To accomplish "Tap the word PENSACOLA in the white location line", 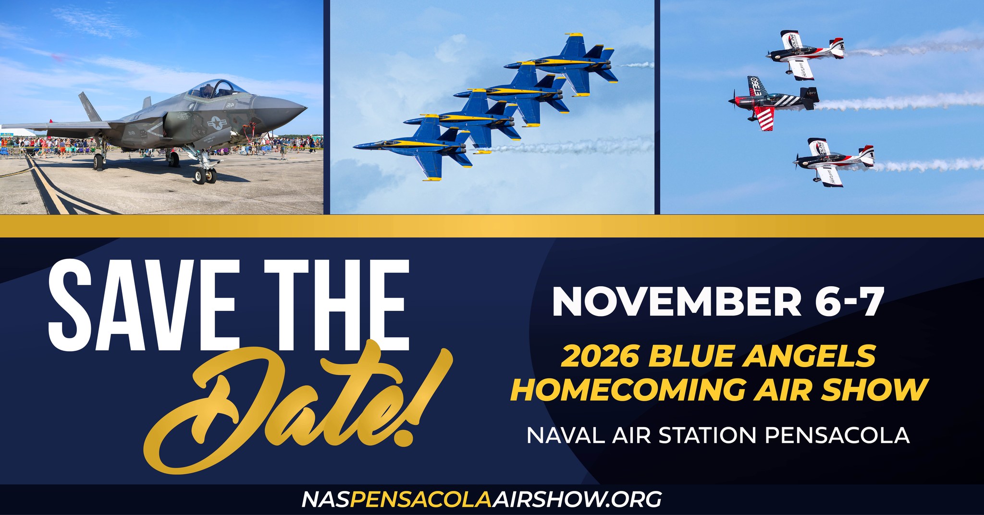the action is point(837,435).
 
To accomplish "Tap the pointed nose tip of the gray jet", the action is point(306,108).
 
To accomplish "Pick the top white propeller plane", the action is point(805,53).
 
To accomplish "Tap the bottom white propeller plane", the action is point(834,161).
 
